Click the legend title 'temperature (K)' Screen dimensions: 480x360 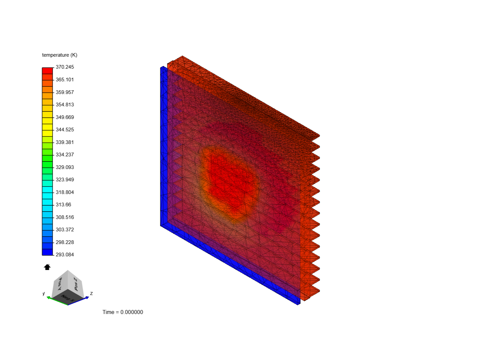tap(59, 55)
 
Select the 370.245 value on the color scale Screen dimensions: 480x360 tap(65, 67)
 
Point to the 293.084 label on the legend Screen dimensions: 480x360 tap(65, 254)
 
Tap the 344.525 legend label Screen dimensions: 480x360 tap(65, 130)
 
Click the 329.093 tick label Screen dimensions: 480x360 tap(65, 167)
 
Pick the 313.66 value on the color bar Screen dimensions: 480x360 tap(63, 205)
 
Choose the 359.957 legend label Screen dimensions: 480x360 tap(65, 92)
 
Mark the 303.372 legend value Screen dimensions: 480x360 tap(65, 230)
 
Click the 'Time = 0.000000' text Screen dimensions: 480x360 tap(123, 312)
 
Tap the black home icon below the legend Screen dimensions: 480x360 tap(47, 267)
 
